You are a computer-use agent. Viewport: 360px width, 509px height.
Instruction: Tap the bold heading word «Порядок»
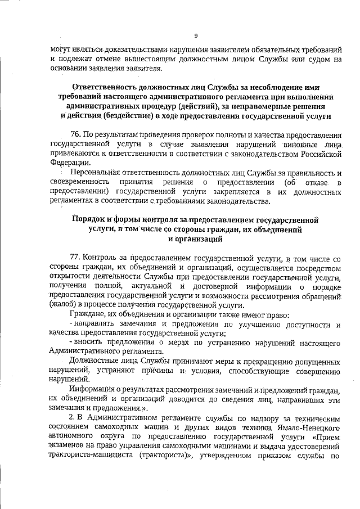pyautogui.click(x=89, y=220)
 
